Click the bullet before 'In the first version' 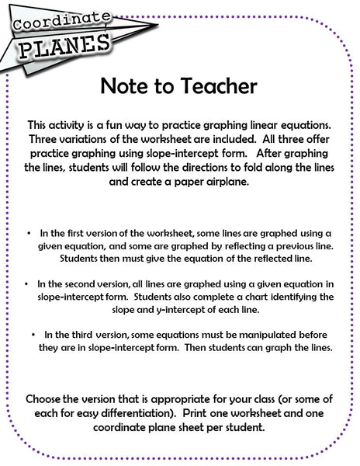(x=28, y=233)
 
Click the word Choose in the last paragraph (x=47, y=398)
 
